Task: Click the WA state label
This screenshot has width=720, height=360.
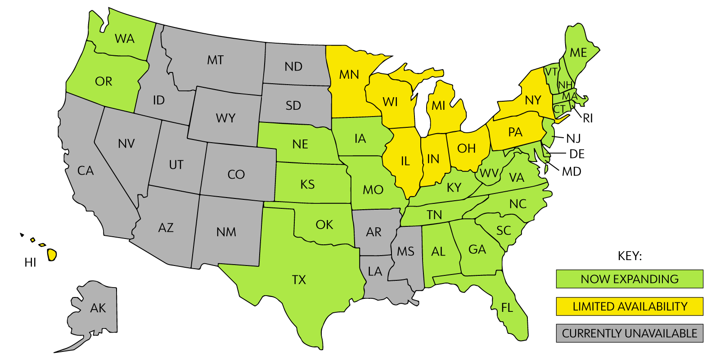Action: pyautogui.click(x=125, y=39)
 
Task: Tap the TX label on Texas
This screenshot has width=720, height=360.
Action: pyautogui.click(x=299, y=280)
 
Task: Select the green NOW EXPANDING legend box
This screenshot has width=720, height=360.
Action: pyautogui.click(x=629, y=279)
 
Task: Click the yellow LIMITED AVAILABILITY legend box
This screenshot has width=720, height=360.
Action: pyautogui.click(x=629, y=306)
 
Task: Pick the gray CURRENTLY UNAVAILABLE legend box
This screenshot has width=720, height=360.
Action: pyautogui.click(x=629, y=333)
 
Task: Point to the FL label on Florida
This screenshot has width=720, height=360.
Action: pyautogui.click(x=507, y=308)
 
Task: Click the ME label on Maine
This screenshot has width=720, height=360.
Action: pyautogui.click(x=578, y=53)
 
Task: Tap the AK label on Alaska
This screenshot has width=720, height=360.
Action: pyautogui.click(x=98, y=308)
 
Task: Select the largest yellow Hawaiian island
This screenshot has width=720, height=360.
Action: pyautogui.click(x=52, y=255)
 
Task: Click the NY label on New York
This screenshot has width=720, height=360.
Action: pyautogui.click(x=533, y=100)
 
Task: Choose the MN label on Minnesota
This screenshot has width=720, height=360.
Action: pyautogui.click(x=349, y=74)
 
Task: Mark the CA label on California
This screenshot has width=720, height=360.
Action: pyautogui.click(x=85, y=171)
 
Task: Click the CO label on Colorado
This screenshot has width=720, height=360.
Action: pyautogui.click(x=236, y=175)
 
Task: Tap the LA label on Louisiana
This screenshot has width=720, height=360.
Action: pyautogui.click(x=374, y=271)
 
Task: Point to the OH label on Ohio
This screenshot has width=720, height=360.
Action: pyautogui.click(x=466, y=148)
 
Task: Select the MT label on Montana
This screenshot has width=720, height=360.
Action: pyautogui.click(x=215, y=60)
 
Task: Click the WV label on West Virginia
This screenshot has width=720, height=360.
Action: pyautogui.click(x=489, y=173)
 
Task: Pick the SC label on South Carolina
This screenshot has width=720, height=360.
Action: pyautogui.click(x=504, y=231)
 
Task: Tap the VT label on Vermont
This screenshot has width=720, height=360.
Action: pyautogui.click(x=551, y=72)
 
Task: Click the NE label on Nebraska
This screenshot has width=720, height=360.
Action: pyautogui.click(x=300, y=144)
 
